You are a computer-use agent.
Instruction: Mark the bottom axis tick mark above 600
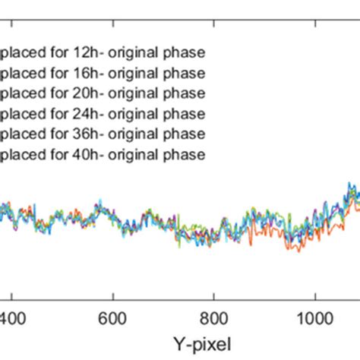112,297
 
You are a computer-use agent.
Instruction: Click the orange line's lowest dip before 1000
298,251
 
